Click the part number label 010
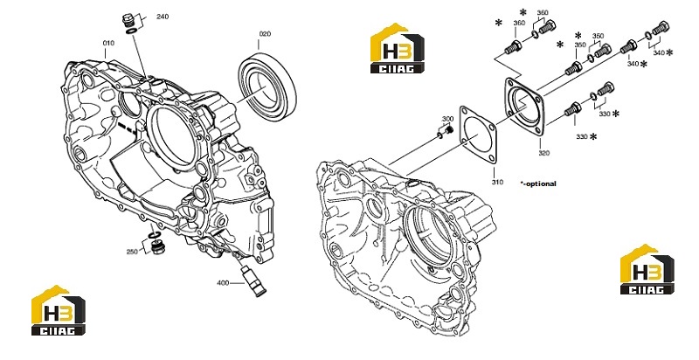[108, 43]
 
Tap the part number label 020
[265, 34]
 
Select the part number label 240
[163, 17]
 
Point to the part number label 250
[132, 252]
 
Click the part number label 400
[223, 283]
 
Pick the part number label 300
[447, 119]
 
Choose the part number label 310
[497, 182]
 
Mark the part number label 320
[543, 153]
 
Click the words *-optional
[538, 183]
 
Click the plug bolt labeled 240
[128, 20]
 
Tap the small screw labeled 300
[448, 130]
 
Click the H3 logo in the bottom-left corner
[58, 310]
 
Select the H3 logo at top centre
[398, 48]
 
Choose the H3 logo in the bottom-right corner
[647, 269]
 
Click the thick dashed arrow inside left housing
[127, 127]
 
